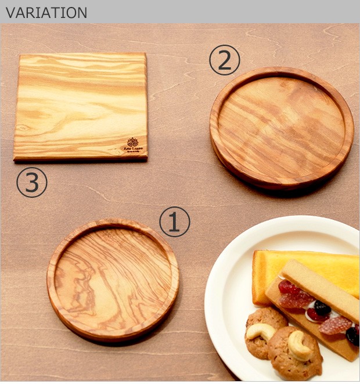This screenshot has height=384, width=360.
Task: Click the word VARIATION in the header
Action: pos(46,12)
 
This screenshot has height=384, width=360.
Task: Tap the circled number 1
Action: pos(175,223)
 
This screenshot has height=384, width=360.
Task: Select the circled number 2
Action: pos(224,61)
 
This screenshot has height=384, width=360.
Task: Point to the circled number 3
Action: pos(31,183)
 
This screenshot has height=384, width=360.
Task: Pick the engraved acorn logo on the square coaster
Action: pos(132,142)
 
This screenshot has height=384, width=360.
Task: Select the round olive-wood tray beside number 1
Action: pos(113,280)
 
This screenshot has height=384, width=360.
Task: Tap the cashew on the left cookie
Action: pos(260,331)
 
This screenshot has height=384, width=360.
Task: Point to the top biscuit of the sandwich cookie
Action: pos(320,287)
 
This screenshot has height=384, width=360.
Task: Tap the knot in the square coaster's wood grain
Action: pos(23,127)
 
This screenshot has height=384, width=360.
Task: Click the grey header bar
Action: pos(232,12)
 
